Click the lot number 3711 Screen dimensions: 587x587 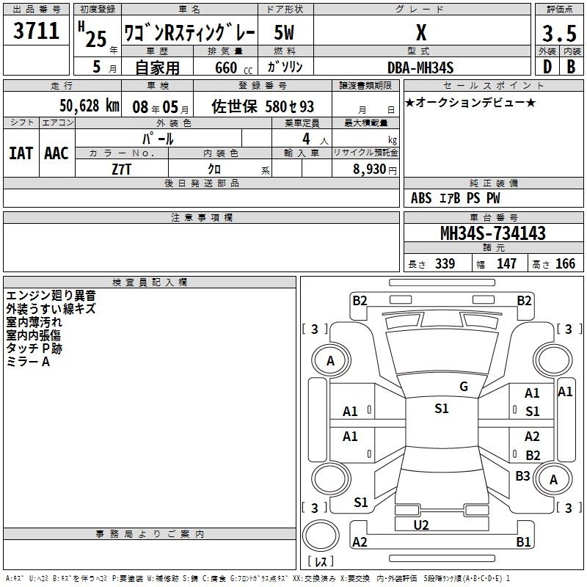tap(36, 31)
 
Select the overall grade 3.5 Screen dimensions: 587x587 tap(559, 34)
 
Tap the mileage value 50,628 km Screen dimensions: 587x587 tap(90, 106)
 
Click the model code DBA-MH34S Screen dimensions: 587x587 tap(420, 68)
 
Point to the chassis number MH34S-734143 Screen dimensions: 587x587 tap(493, 233)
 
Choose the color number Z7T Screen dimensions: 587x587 tap(121, 169)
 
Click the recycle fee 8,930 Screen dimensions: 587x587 tap(369, 169)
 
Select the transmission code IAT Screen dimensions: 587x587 tap(21, 153)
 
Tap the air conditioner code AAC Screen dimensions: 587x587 tap(56, 153)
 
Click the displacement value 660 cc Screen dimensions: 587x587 tap(233, 68)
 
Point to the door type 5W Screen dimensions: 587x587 tap(284, 32)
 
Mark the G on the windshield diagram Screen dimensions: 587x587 tap(464, 387)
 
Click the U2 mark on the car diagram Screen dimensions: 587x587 tap(421, 525)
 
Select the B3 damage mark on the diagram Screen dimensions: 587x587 tap(522, 475)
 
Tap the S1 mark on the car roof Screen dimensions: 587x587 tap(442, 408)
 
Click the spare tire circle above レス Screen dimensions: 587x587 tap(321, 536)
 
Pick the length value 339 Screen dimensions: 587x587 tap(445, 263)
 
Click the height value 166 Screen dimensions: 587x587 tap(565, 263)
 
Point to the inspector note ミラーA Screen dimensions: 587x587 tap(28, 362)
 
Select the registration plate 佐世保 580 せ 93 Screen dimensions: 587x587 tap(263, 106)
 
